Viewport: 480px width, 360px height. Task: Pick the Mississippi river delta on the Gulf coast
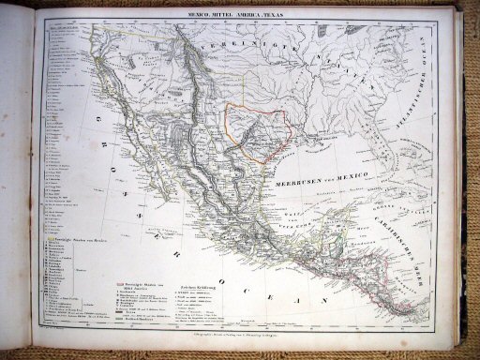click(x=323, y=146)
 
